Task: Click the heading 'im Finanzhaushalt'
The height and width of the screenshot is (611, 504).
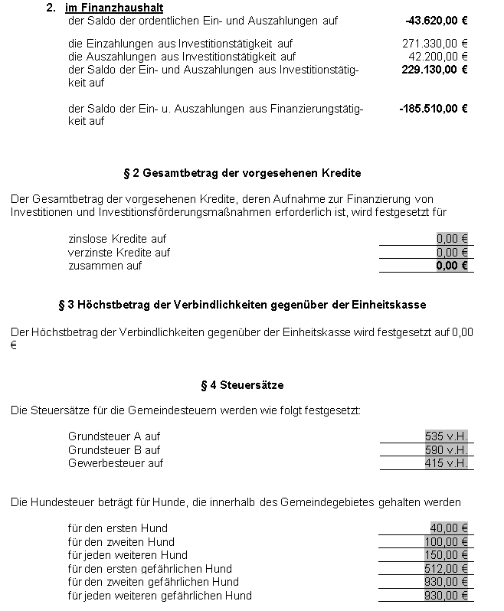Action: (114, 8)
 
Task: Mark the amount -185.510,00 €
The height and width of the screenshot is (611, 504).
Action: (434, 109)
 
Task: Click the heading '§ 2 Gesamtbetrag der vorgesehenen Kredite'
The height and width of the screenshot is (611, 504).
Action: (241, 173)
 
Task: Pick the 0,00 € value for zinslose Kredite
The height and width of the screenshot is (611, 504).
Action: (452, 239)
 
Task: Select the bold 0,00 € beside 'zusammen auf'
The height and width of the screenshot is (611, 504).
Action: (452, 266)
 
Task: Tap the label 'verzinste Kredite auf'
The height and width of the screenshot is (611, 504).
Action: (119, 253)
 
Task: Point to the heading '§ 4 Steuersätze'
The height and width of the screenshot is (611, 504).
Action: (241, 384)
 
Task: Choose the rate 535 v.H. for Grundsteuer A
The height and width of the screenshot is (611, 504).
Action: (446, 436)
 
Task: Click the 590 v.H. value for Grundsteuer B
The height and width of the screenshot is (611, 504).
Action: (446, 450)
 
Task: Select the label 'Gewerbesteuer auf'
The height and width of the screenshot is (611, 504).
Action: (116, 463)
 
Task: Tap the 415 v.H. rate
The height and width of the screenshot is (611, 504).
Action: (446, 463)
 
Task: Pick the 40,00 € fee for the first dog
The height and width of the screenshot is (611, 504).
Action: (449, 528)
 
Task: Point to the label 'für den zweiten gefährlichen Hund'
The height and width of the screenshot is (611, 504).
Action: (153, 582)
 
